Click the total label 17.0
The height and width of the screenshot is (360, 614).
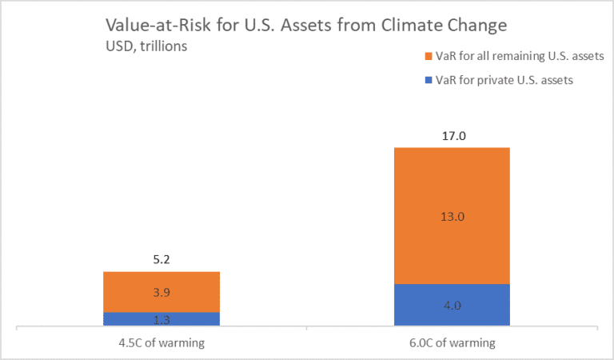point(452,136)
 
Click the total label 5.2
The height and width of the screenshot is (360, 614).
point(161,260)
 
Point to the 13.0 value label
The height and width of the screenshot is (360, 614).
point(452,216)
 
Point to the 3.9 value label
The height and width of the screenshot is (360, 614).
point(161,292)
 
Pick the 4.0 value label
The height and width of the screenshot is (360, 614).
point(452,306)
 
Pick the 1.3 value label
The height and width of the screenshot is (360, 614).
point(161,319)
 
